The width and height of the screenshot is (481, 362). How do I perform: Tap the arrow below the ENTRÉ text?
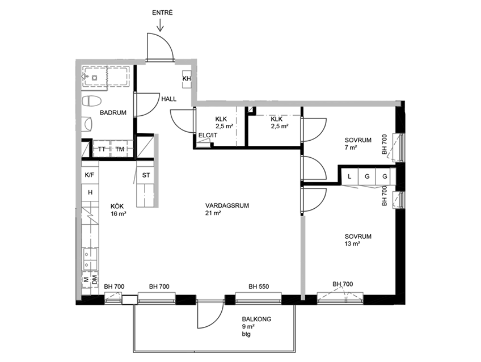pos(160,25)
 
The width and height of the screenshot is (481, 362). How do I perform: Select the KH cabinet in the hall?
pos(187,79)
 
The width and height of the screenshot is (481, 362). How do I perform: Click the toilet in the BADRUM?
pos(92,100)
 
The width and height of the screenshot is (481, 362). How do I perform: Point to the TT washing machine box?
pos(102,149)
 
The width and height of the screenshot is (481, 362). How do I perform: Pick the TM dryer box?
pos(120,149)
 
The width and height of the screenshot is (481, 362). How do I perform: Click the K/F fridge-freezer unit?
pos(90,175)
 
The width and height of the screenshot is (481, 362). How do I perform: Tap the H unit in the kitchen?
pos(90,193)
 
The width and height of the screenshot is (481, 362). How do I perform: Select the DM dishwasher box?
pos(95,279)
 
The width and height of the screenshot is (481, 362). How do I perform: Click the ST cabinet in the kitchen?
pos(146,175)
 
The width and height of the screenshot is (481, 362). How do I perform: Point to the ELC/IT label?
pos(208,135)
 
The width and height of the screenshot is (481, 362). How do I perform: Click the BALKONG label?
pos(256,319)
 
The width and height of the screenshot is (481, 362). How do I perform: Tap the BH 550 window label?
pos(259,287)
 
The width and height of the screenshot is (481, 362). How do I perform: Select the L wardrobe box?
pos(349,176)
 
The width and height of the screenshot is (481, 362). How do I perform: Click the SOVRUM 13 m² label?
pos(358,240)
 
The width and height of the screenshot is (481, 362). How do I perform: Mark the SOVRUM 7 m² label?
pos(358,144)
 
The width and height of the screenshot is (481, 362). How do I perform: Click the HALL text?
pos(169,99)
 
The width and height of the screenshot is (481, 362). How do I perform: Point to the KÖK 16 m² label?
pos(119,210)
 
